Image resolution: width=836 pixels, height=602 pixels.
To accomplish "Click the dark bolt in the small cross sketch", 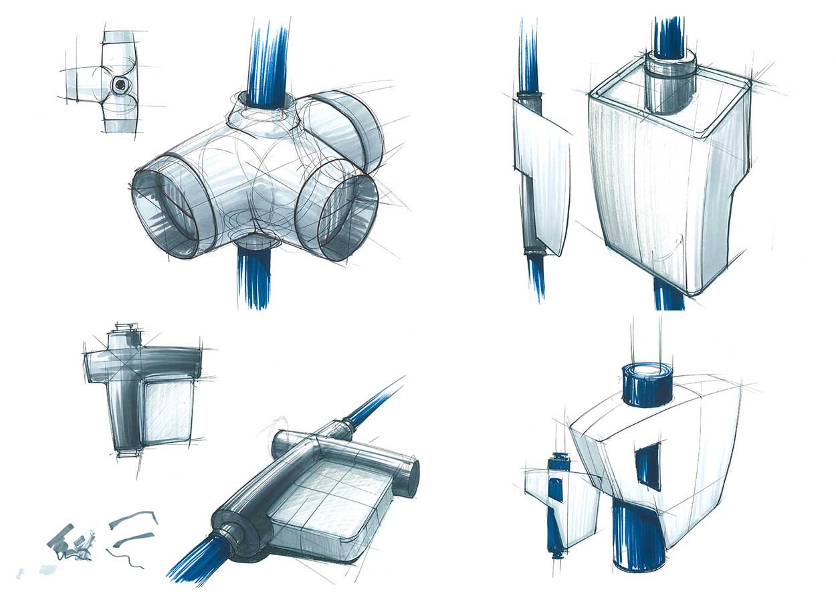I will tap(120, 84).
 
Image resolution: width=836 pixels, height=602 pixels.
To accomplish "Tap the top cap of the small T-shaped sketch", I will tap(126, 330).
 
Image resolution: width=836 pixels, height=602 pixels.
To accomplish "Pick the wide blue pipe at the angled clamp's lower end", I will tap(197, 562).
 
